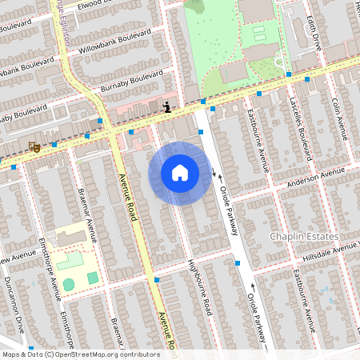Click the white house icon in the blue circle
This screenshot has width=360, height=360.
[180, 173]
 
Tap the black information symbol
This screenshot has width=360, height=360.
[166, 106]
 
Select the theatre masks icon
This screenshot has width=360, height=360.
[34, 146]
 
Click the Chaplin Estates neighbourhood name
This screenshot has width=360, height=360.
[314, 237]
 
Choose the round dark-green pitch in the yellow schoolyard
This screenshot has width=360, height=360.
[69, 284]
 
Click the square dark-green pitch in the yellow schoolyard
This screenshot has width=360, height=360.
[93, 278]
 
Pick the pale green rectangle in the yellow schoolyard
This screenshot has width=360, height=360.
[70, 260]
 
